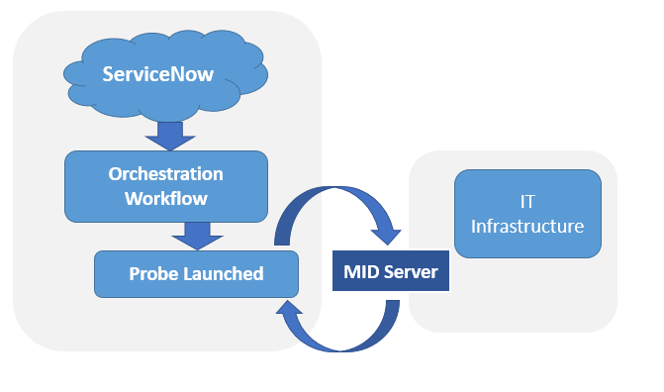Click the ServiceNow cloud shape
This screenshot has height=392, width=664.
[165, 75]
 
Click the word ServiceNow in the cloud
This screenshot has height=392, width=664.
[158, 74]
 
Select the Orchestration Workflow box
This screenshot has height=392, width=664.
[166, 186]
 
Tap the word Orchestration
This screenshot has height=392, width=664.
[165, 174]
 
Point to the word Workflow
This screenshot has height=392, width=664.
[166, 198]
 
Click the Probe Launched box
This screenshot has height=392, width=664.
[196, 274]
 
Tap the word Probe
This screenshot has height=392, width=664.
[147, 274]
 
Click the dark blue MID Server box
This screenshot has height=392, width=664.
[391, 271]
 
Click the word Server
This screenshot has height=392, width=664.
[411, 271]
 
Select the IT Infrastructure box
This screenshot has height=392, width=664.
[527, 214]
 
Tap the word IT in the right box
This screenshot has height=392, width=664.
[527, 202]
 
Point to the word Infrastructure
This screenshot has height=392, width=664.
[527, 226]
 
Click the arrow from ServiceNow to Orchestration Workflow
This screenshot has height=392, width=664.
[170, 136]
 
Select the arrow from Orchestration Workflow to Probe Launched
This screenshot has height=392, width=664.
[197, 236]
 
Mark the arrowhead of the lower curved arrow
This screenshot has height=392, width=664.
[288, 307]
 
